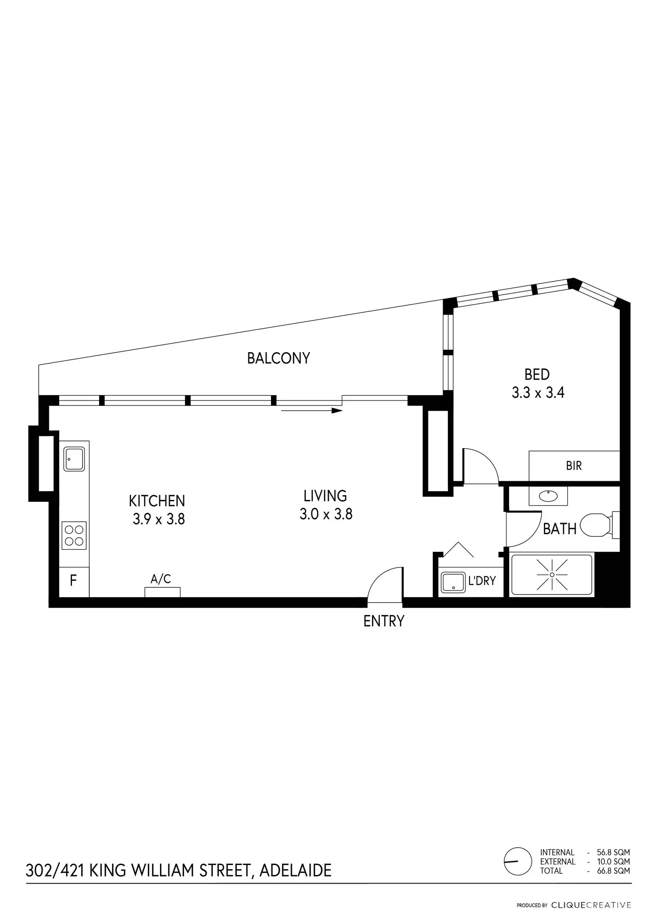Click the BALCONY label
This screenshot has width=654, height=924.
click(x=278, y=358)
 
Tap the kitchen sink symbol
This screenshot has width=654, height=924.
click(x=74, y=459)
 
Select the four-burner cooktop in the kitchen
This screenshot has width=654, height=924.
click(x=74, y=535)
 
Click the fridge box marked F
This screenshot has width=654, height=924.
click(x=74, y=580)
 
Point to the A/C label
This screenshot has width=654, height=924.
click(x=161, y=579)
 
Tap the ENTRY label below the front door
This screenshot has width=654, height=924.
click(x=384, y=621)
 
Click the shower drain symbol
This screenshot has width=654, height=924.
click(x=552, y=575)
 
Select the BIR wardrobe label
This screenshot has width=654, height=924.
click(x=574, y=466)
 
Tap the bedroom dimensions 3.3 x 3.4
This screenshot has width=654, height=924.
click(x=538, y=393)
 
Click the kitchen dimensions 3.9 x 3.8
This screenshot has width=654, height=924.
click(x=159, y=519)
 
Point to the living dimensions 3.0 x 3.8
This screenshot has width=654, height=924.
click(x=326, y=514)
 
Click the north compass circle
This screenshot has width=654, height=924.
click(x=518, y=861)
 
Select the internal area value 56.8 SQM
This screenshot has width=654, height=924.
click(x=613, y=852)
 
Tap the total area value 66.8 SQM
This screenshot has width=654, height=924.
click(x=613, y=871)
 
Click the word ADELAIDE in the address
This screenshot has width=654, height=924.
click(x=295, y=871)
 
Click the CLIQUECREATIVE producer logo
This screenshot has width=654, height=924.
click(x=591, y=905)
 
